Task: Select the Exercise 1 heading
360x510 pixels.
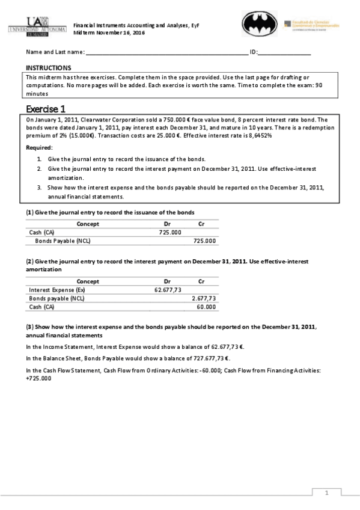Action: tap(46, 109)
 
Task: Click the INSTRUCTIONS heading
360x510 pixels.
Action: tap(49, 68)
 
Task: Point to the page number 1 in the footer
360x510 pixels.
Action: tap(326, 493)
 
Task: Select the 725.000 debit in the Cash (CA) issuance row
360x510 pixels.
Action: tap(170, 232)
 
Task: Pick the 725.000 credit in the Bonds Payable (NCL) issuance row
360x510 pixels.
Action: tap(205, 241)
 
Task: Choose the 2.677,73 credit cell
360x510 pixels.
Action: tap(203, 298)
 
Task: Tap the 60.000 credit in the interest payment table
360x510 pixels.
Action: tap(206, 307)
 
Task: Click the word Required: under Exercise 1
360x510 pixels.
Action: tap(40, 147)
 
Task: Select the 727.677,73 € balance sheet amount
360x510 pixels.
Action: tap(203, 358)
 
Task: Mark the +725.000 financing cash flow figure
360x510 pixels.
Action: tap(38, 378)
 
